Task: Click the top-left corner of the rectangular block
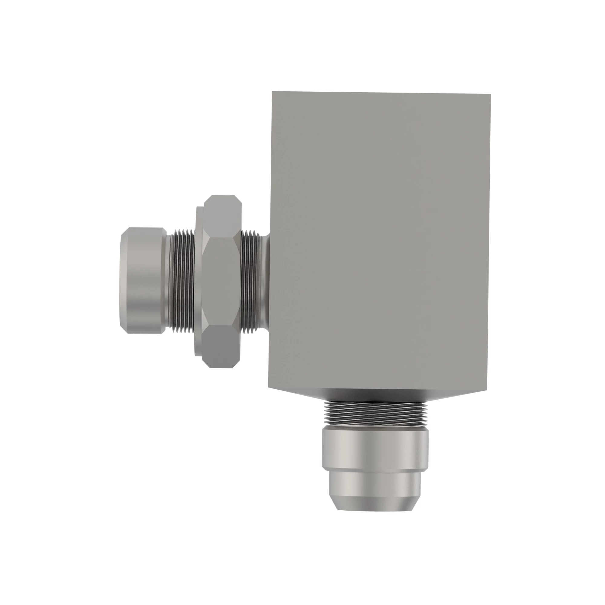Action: point(273,92)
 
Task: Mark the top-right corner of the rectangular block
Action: point(490,94)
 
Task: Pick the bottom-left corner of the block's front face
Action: point(269,387)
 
